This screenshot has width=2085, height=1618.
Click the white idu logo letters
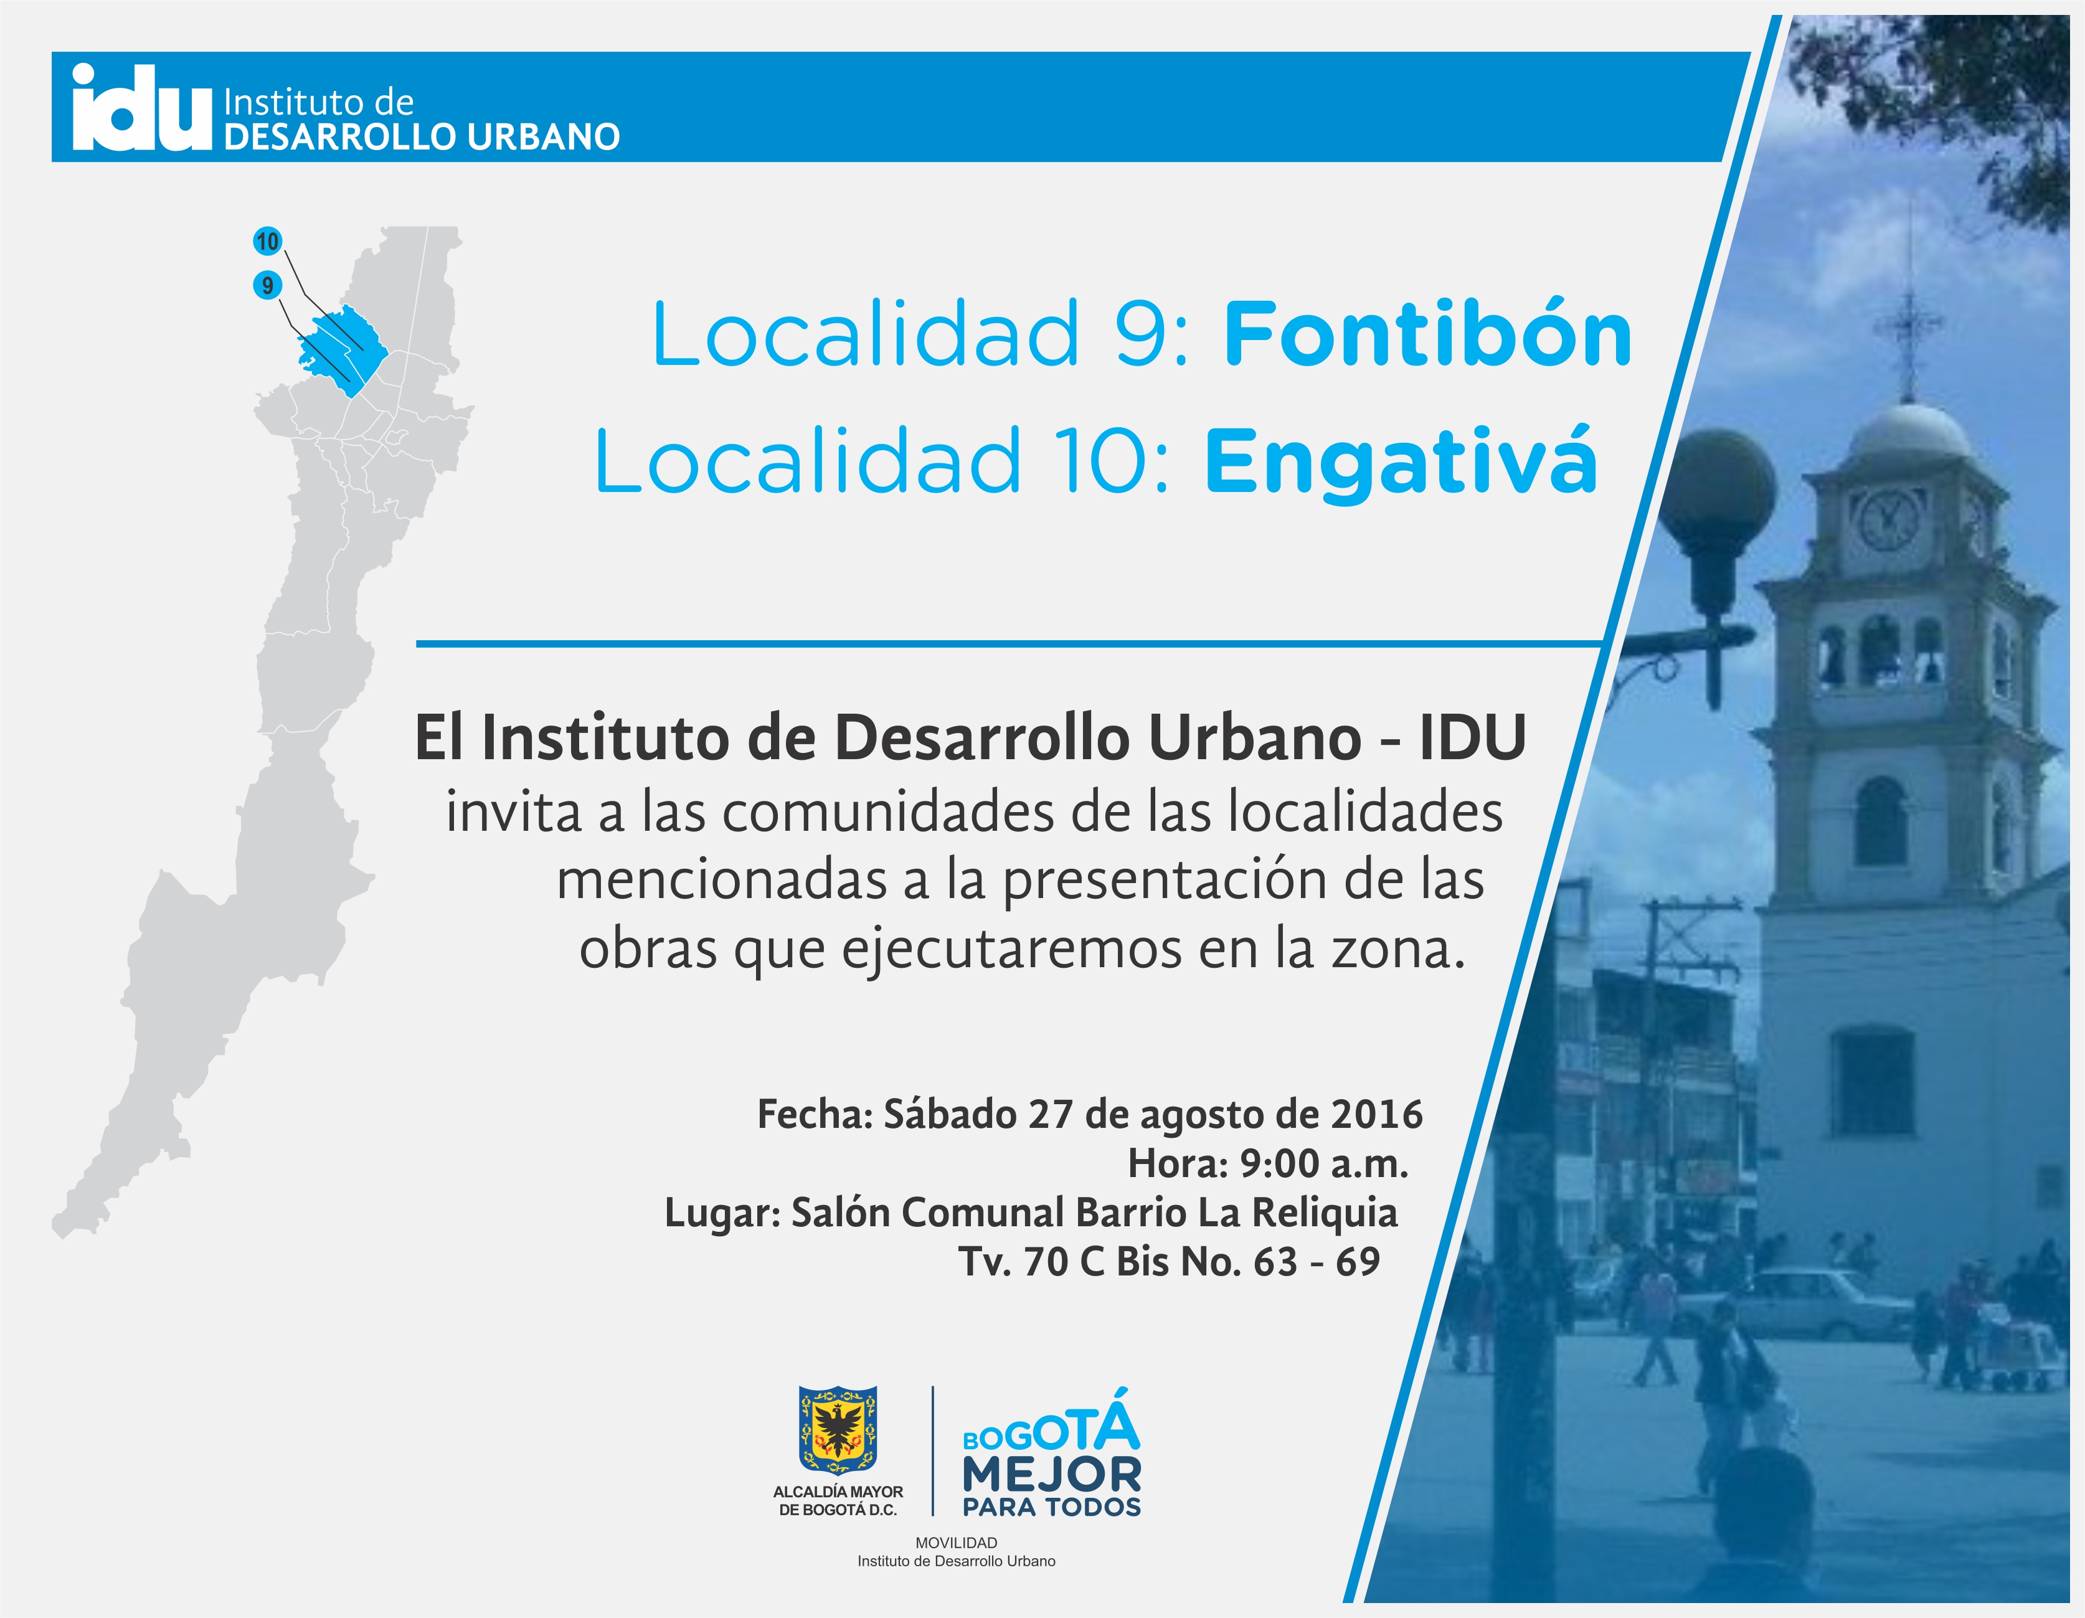pyautogui.click(x=141, y=108)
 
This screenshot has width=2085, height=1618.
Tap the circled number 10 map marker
pyautogui.click(x=267, y=242)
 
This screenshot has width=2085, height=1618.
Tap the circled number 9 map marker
pyautogui.click(x=267, y=285)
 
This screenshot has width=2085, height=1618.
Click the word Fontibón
pyautogui.click(x=1428, y=334)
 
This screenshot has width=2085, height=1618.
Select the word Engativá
pyautogui.click(x=1401, y=462)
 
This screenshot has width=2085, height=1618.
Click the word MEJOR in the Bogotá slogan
pyautogui.click(x=1051, y=1475)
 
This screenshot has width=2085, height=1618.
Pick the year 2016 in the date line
pyautogui.click(x=1377, y=1114)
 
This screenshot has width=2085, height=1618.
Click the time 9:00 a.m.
pyautogui.click(x=1323, y=1163)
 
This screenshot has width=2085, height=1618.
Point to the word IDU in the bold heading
pyautogui.click(x=1472, y=738)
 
